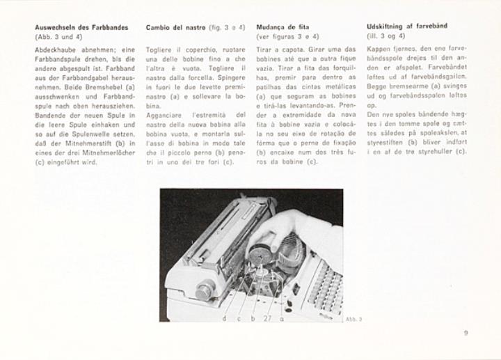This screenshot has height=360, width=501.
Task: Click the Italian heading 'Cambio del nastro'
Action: coord(175,27)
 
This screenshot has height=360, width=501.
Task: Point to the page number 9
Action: coord(466,333)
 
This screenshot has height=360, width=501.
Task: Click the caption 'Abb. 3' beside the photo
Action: coord(353,318)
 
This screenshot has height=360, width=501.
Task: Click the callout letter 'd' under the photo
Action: coord(224,318)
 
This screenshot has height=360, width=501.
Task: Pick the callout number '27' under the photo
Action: coord(267,318)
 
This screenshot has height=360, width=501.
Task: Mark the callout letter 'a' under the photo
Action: coord(281,318)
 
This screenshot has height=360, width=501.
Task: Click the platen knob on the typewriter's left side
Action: coord(206,288)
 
